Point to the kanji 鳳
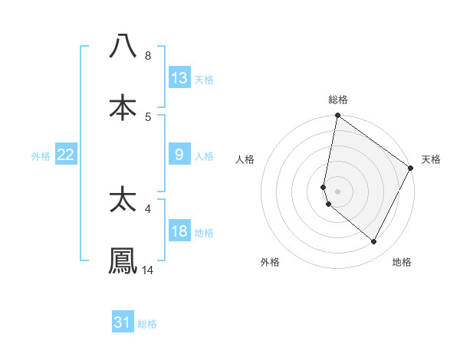tap(123, 260)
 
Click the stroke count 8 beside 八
tap(148, 56)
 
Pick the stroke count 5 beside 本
tap(148, 117)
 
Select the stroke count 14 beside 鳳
tap(148, 270)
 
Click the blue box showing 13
tap(179, 78)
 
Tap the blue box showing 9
tap(179, 155)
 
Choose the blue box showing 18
tap(179, 231)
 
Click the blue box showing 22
tap(66, 155)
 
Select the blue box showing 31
tap(123, 322)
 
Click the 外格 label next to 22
tap(41, 155)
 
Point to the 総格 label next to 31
tap(147, 324)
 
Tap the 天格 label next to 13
tap(203, 79)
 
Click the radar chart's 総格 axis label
tap(338, 100)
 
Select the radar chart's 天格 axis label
tap(431, 159)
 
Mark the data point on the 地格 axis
tap(374, 242)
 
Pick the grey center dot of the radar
tap(338, 191)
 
